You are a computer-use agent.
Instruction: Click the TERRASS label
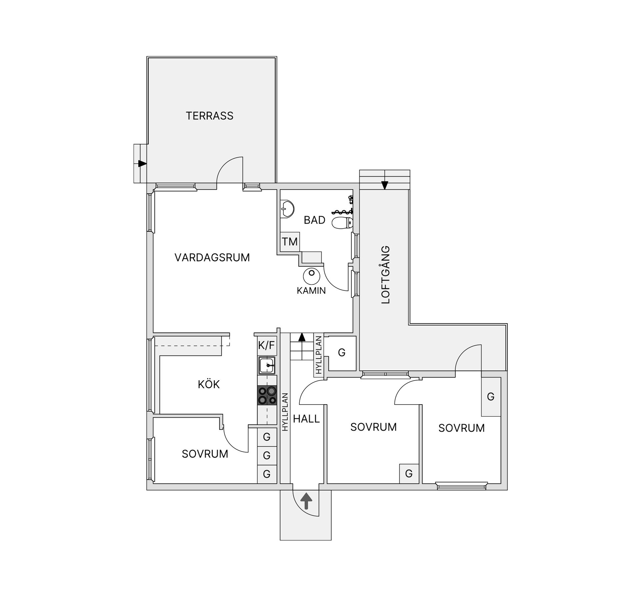click(209, 116)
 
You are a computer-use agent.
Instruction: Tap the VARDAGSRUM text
click(212, 257)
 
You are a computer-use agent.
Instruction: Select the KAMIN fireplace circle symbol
click(311, 275)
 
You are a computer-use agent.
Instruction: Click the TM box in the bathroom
click(290, 241)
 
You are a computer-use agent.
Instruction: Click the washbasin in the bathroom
click(287, 209)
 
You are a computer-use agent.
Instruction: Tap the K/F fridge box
click(267, 345)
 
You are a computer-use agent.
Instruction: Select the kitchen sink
click(267, 366)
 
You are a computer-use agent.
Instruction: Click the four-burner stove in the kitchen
click(267, 395)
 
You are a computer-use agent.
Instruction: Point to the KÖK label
click(209, 384)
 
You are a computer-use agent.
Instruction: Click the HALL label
click(306, 419)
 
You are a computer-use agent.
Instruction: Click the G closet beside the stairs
click(342, 353)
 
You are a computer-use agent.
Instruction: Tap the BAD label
click(314, 220)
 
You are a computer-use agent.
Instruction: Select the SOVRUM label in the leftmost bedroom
click(205, 454)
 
